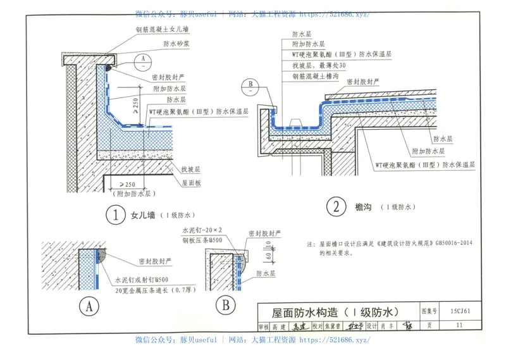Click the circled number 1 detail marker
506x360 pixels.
click(115, 215)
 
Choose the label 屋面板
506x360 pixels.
click(192, 182)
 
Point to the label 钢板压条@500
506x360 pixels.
click(202, 240)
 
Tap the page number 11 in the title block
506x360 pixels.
click(459, 325)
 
